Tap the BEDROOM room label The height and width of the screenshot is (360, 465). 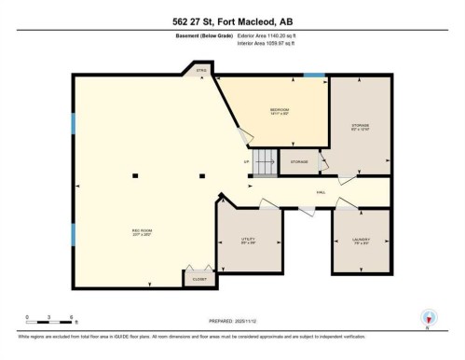coord(279,111)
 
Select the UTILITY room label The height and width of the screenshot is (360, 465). coord(248,239)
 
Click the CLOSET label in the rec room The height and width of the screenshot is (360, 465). coord(199,279)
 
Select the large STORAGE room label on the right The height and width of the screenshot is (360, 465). coord(361,126)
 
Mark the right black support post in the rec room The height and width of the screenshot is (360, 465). coord(202,174)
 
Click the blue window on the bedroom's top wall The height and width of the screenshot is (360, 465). coord(314,76)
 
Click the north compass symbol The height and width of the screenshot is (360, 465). coord(428,316)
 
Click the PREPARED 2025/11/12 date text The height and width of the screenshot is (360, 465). coord(232,321)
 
